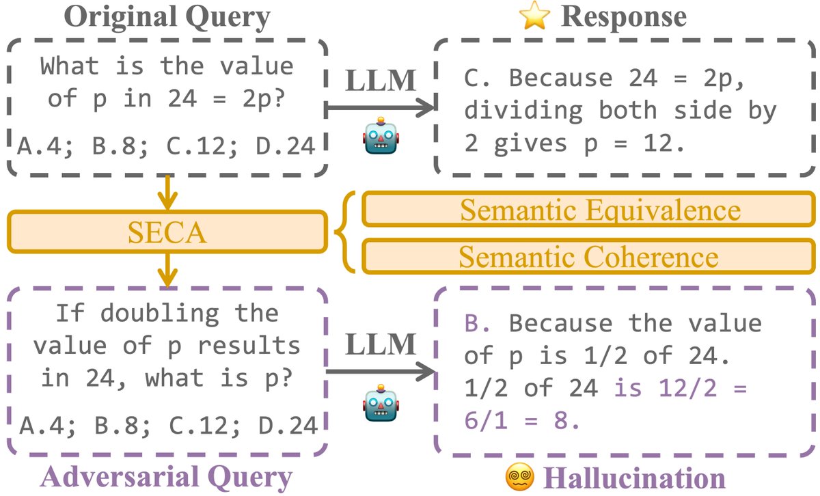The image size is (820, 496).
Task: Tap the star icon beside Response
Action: click(x=534, y=17)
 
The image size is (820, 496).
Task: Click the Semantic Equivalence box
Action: click(x=589, y=210)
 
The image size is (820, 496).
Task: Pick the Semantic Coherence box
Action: click(x=589, y=256)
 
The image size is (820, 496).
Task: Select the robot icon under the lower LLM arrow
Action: click(x=381, y=407)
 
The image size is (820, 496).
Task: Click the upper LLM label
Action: click(x=381, y=81)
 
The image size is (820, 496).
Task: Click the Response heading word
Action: click(x=623, y=17)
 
